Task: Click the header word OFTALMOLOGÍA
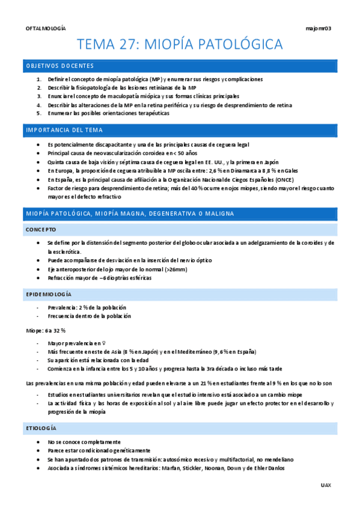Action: [46, 28]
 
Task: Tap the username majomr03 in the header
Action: [319, 28]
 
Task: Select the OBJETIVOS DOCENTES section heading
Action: [59, 66]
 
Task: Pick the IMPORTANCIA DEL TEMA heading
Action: [64, 130]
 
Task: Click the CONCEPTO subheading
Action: [41, 229]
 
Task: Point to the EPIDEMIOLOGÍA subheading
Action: [48, 294]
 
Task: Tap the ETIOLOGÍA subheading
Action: [41, 428]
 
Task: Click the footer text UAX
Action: [326, 484]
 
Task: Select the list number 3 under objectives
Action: [39, 96]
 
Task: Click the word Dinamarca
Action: [227, 170]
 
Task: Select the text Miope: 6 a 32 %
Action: [46, 331]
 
